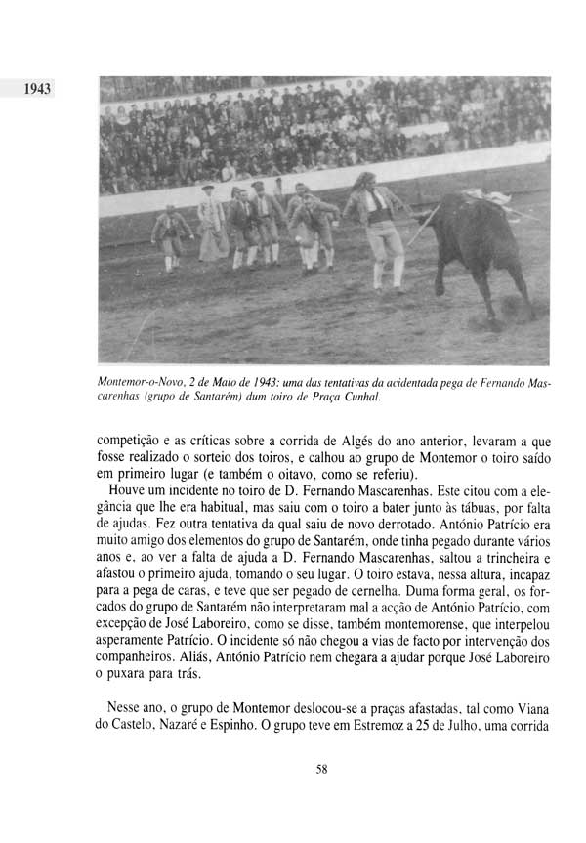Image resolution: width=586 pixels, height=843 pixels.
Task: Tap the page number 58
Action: (322, 769)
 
